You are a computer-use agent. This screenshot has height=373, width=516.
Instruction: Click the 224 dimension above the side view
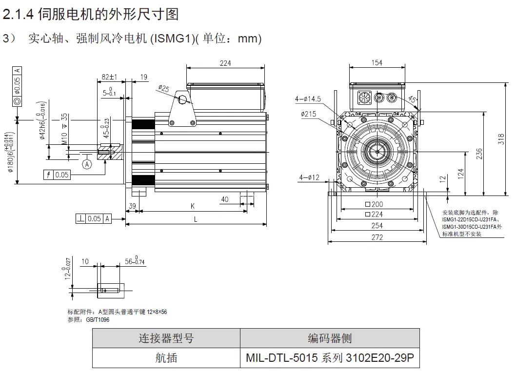click(x=225, y=63)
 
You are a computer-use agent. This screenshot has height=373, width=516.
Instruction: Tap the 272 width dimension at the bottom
click(x=377, y=237)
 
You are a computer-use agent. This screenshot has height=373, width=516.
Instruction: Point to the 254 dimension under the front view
click(x=377, y=225)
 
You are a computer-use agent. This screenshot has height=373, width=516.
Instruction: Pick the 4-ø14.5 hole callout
click(x=308, y=99)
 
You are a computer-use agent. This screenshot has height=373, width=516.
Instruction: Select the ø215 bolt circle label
click(x=308, y=114)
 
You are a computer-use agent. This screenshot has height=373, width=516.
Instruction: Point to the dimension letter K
click(x=192, y=206)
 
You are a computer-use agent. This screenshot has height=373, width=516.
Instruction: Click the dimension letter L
click(x=196, y=219)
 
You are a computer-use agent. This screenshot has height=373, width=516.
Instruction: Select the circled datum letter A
click(x=87, y=164)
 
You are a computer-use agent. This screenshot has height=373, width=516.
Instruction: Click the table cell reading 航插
click(x=166, y=358)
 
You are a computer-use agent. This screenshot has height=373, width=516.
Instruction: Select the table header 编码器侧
click(x=330, y=338)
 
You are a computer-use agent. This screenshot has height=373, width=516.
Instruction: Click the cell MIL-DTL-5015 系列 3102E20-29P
click(x=330, y=358)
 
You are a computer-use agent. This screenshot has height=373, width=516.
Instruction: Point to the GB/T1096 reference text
click(x=98, y=319)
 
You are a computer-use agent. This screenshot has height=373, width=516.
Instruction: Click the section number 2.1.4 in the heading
click(x=18, y=15)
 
